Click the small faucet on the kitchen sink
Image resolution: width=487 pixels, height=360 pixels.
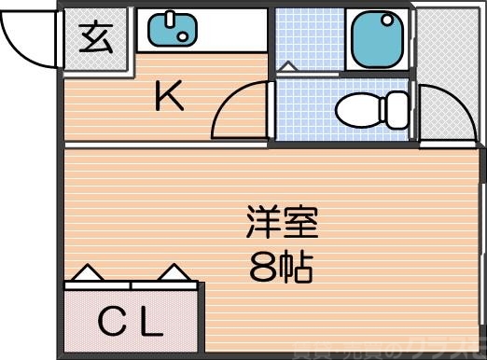(x=170, y=19)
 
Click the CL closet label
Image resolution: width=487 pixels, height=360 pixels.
(x=131, y=325)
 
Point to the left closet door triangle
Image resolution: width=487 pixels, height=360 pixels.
(x=87, y=273)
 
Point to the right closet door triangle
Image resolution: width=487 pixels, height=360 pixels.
(x=173, y=273)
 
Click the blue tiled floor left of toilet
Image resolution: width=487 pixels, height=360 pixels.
(x=303, y=112)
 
